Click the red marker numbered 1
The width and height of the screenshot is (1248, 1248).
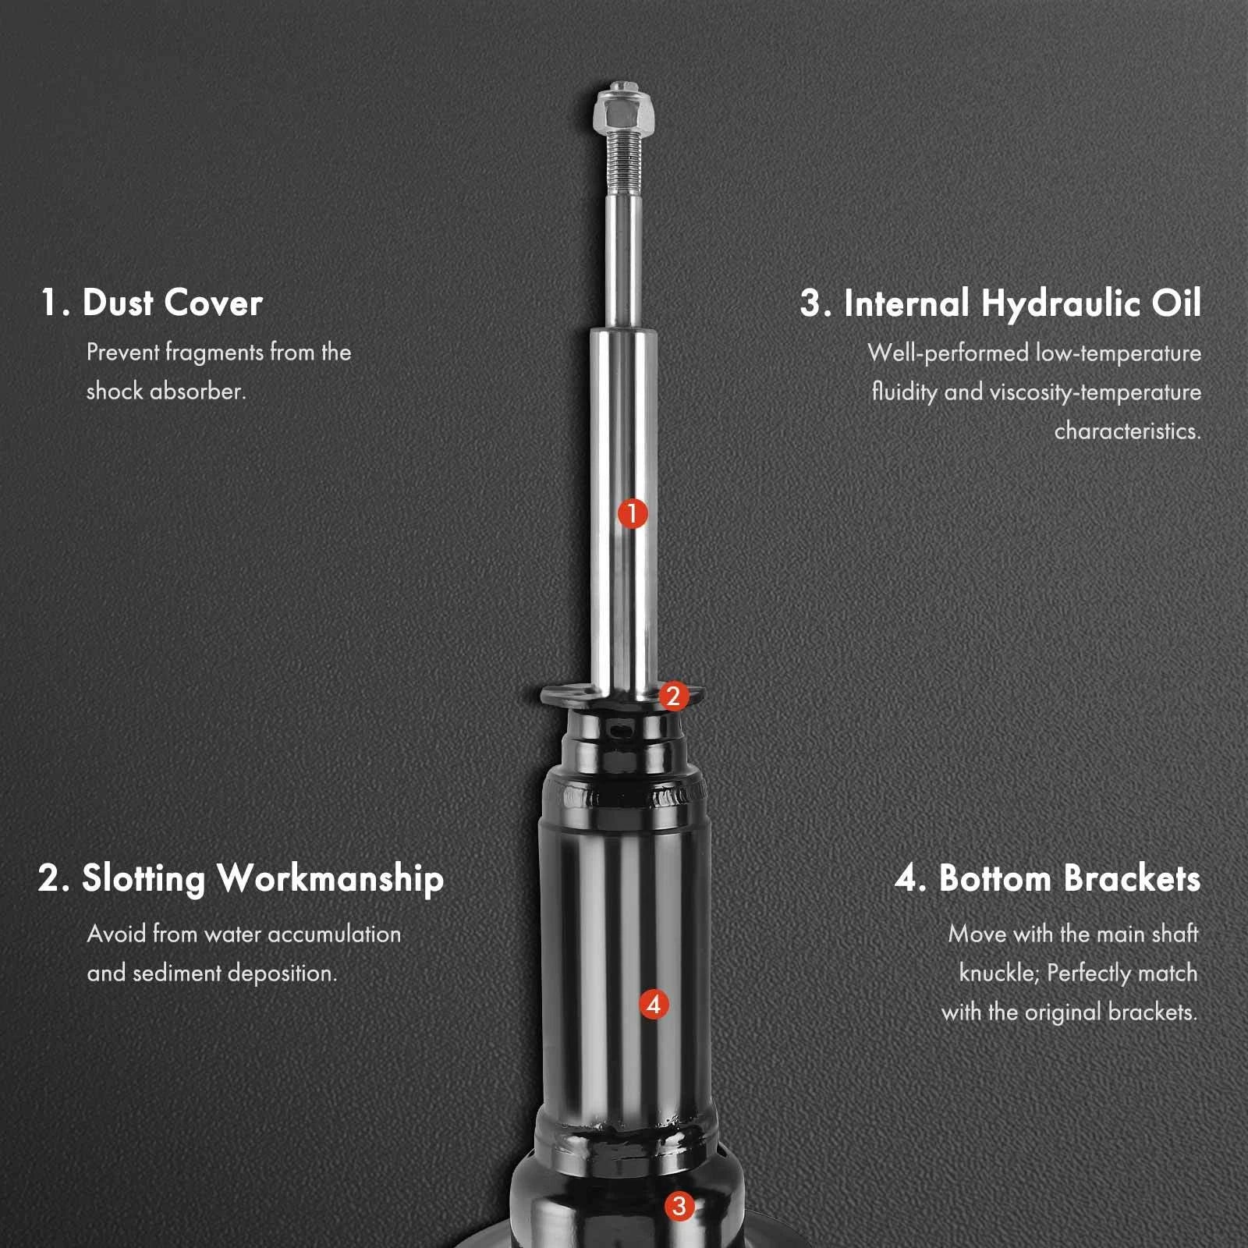[633, 513]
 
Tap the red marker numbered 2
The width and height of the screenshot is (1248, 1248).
[674, 696]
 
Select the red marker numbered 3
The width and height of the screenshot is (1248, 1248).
[679, 1206]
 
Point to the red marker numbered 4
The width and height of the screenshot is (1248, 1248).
[654, 1004]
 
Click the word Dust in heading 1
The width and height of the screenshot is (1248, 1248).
[118, 303]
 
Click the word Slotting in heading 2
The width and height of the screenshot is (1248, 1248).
[144, 879]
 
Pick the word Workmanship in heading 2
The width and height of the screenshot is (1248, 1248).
[331, 879]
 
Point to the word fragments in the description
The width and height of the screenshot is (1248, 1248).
[214, 353]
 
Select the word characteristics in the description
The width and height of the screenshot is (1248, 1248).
[1128, 431]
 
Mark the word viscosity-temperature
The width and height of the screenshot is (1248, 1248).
[1095, 392]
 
